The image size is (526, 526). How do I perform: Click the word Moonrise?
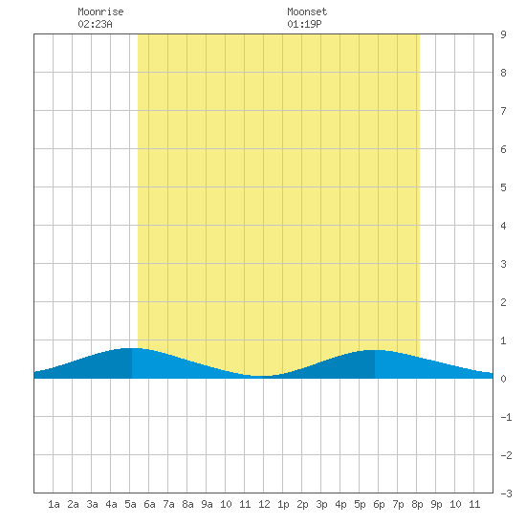click(x=100, y=11)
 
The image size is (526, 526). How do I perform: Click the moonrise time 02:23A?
click(x=95, y=24)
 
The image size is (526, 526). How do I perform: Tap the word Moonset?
click(x=307, y=11)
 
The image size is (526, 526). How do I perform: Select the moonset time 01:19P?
click(x=304, y=24)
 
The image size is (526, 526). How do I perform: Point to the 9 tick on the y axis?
click(x=503, y=34)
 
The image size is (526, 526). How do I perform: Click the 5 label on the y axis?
click(x=503, y=187)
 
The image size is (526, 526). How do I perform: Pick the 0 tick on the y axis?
click(x=503, y=379)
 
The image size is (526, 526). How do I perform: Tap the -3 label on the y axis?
click(x=506, y=493)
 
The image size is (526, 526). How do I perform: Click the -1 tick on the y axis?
click(x=506, y=417)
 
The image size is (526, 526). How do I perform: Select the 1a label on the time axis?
click(x=54, y=504)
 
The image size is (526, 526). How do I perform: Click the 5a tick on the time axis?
click(x=130, y=504)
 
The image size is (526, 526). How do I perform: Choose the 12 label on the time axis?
click(x=264, y=504)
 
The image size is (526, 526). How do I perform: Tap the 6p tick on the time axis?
click(x=379, y=504)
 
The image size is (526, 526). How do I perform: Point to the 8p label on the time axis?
click(x=417, y=504)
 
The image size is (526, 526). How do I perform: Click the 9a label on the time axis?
click(x=207, y=504)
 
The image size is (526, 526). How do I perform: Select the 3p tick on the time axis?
click(x=321, y=504)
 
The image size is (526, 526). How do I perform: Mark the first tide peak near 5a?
click(x=132, y=348)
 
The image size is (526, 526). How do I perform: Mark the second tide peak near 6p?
click(x=374, y=350)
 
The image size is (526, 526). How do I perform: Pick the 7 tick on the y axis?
click(x=503, y=111)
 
